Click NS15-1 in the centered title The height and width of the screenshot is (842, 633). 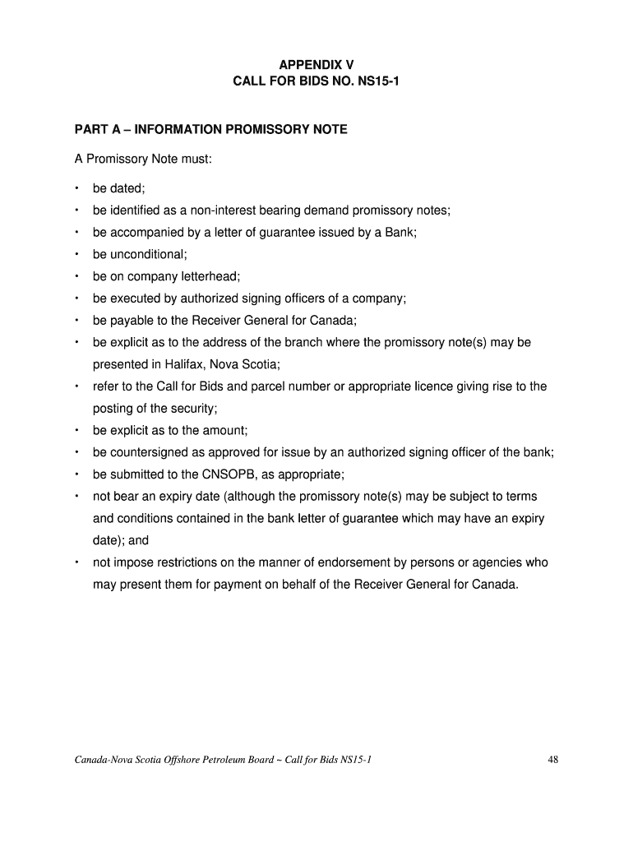coord(376,81)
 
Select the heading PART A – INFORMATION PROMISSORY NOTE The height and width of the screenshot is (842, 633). coord(210,130)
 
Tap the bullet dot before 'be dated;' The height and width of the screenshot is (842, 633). coord(76,188)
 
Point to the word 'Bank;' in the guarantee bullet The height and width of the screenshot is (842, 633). coord(401,233)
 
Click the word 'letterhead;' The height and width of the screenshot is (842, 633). coord(210,276)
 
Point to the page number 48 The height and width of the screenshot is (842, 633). coord(552,759)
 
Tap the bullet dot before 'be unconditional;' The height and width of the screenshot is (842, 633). coord(76,255)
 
